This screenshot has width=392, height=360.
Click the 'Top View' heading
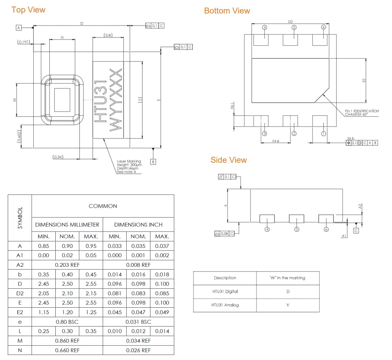tap(28, 10)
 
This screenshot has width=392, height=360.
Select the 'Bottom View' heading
tap(227, 11)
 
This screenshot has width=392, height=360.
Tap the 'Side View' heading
tap(229, 160)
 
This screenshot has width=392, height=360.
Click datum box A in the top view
tap(19, 28)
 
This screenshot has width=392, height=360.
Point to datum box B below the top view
tap(153, 162)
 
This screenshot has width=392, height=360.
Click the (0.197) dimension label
tap(24, 42)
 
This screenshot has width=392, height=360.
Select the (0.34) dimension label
tap(58, 157)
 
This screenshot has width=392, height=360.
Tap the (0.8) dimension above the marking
tap(108, 35)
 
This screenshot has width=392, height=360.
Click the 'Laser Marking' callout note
tap(129, 166)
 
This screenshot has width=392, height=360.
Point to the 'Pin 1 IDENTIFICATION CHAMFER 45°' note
tap(362, 112)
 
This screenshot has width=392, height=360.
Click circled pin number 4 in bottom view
tap(265, 27)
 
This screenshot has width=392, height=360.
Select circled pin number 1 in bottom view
tap(323, 134)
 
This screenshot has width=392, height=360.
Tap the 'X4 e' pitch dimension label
tap(276, 140)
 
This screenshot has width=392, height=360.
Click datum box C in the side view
tap(356, 231)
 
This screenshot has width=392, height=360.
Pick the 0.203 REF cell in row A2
tap(67, 265)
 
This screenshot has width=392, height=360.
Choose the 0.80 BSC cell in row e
tap(67, 322)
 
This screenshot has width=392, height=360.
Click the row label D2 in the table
tap(20, 293)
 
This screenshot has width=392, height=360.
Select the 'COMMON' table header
tap(103, 206)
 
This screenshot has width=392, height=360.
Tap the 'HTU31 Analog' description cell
tap(225, 305)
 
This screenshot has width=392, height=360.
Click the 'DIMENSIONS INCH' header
tap(138, 225)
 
